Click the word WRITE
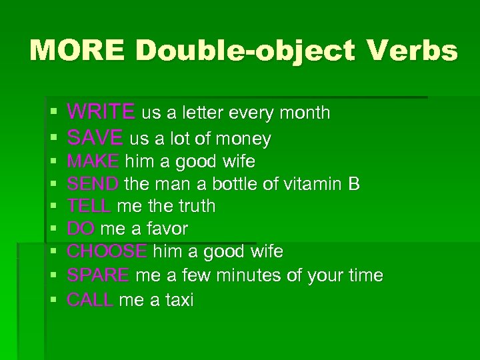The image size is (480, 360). pos(101,112)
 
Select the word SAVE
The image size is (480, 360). pos(95,138)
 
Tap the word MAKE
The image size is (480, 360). pos(93,161)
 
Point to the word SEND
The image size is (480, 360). pos(93,183)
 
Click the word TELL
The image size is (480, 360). pos(89,206)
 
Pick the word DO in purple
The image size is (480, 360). pos(80,229)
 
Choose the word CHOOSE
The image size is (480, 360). pos(107,251)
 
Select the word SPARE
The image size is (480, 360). pos(98,275)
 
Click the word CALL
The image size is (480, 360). pos(90,300)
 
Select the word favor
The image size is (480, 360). pos(167,229)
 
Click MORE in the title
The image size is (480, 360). pos(71,50)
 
